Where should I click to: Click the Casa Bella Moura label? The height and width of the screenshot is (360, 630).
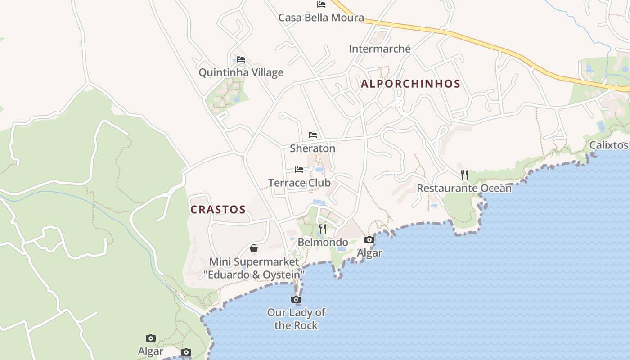pyautogui.click(x=321, y=18)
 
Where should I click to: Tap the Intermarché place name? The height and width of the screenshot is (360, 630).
pyautogui.click(x=379, y=49)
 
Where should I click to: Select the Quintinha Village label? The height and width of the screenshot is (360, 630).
pyautogui.click(x=241, y=72)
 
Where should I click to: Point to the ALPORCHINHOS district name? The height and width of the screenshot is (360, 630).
pyautogui.click(x=410, y=84)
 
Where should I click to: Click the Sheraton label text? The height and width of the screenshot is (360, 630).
pyautogui.click(x=312, y=148)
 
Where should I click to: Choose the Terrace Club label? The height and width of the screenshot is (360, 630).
pyautogui.click(x=299, y=183)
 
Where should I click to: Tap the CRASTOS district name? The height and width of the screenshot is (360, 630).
pyautogui.click(x=218, y=210)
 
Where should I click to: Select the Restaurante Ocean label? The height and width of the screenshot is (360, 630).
pyautogui.click(x=464, y=188)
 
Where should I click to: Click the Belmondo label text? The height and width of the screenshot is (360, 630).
pyautogui.click(x=323, y=242)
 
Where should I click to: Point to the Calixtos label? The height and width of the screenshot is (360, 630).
pyautogui.click(x=608, y=145)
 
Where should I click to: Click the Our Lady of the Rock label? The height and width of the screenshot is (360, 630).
pyautogui.click(x=296, y=319)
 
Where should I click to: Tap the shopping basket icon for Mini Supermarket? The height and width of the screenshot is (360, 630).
pyautogui.click(x=254, y=248)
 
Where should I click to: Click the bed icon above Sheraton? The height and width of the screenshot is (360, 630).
pyautogui.click(x=313, y=135)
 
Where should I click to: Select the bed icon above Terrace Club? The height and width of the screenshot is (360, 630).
pyautogui.click(x=299, y=170)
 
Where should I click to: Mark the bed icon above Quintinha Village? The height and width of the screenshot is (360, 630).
pyautogui.click(x=241, y=59)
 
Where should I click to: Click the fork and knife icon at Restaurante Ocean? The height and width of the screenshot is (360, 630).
pyautogui.click(x=464, y=175)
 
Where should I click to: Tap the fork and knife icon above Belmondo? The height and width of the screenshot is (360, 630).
pyautogui.click(x=322, y=229)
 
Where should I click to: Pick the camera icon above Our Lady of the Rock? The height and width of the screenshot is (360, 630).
pyautogui.click(x=296, y=300)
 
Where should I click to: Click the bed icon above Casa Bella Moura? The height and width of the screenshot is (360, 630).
pyautogui.click(x=321, y=4)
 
